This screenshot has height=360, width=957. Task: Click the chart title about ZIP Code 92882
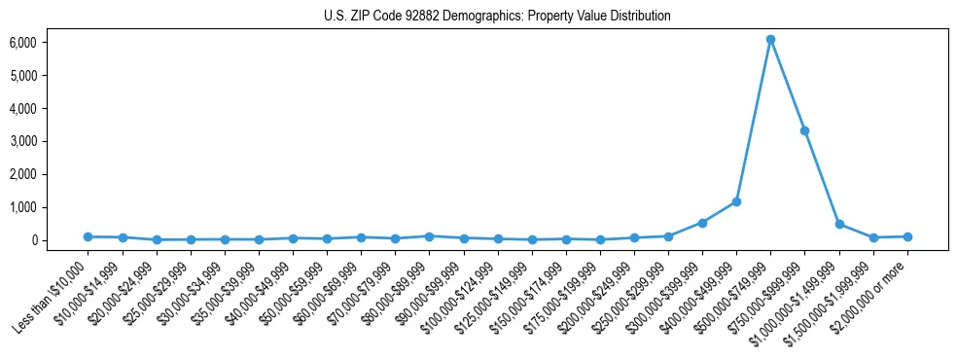tap(497, 17)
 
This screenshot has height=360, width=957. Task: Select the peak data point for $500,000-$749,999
tap(770, 40)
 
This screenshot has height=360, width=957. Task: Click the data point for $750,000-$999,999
tap(804, 130)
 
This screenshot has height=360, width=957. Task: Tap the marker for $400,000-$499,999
tap(736, 201)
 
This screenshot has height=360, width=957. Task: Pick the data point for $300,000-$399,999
tap(702, 223)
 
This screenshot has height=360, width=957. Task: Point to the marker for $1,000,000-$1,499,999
tap(838, 224)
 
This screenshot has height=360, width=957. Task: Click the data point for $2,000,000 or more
tap(906, 236)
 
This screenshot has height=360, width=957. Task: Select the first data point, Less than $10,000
tap(88, 236)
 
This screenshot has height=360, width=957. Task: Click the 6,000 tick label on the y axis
tap(23, 43)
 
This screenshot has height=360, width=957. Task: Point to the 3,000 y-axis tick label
tap(23, 141)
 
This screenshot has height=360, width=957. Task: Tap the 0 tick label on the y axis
tap(33, 240)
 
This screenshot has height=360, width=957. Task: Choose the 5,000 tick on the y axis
tap(23, 76)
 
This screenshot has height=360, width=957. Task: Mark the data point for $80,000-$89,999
tap(429, 236)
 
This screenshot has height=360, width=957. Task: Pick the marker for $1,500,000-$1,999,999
tap(872, 237)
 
